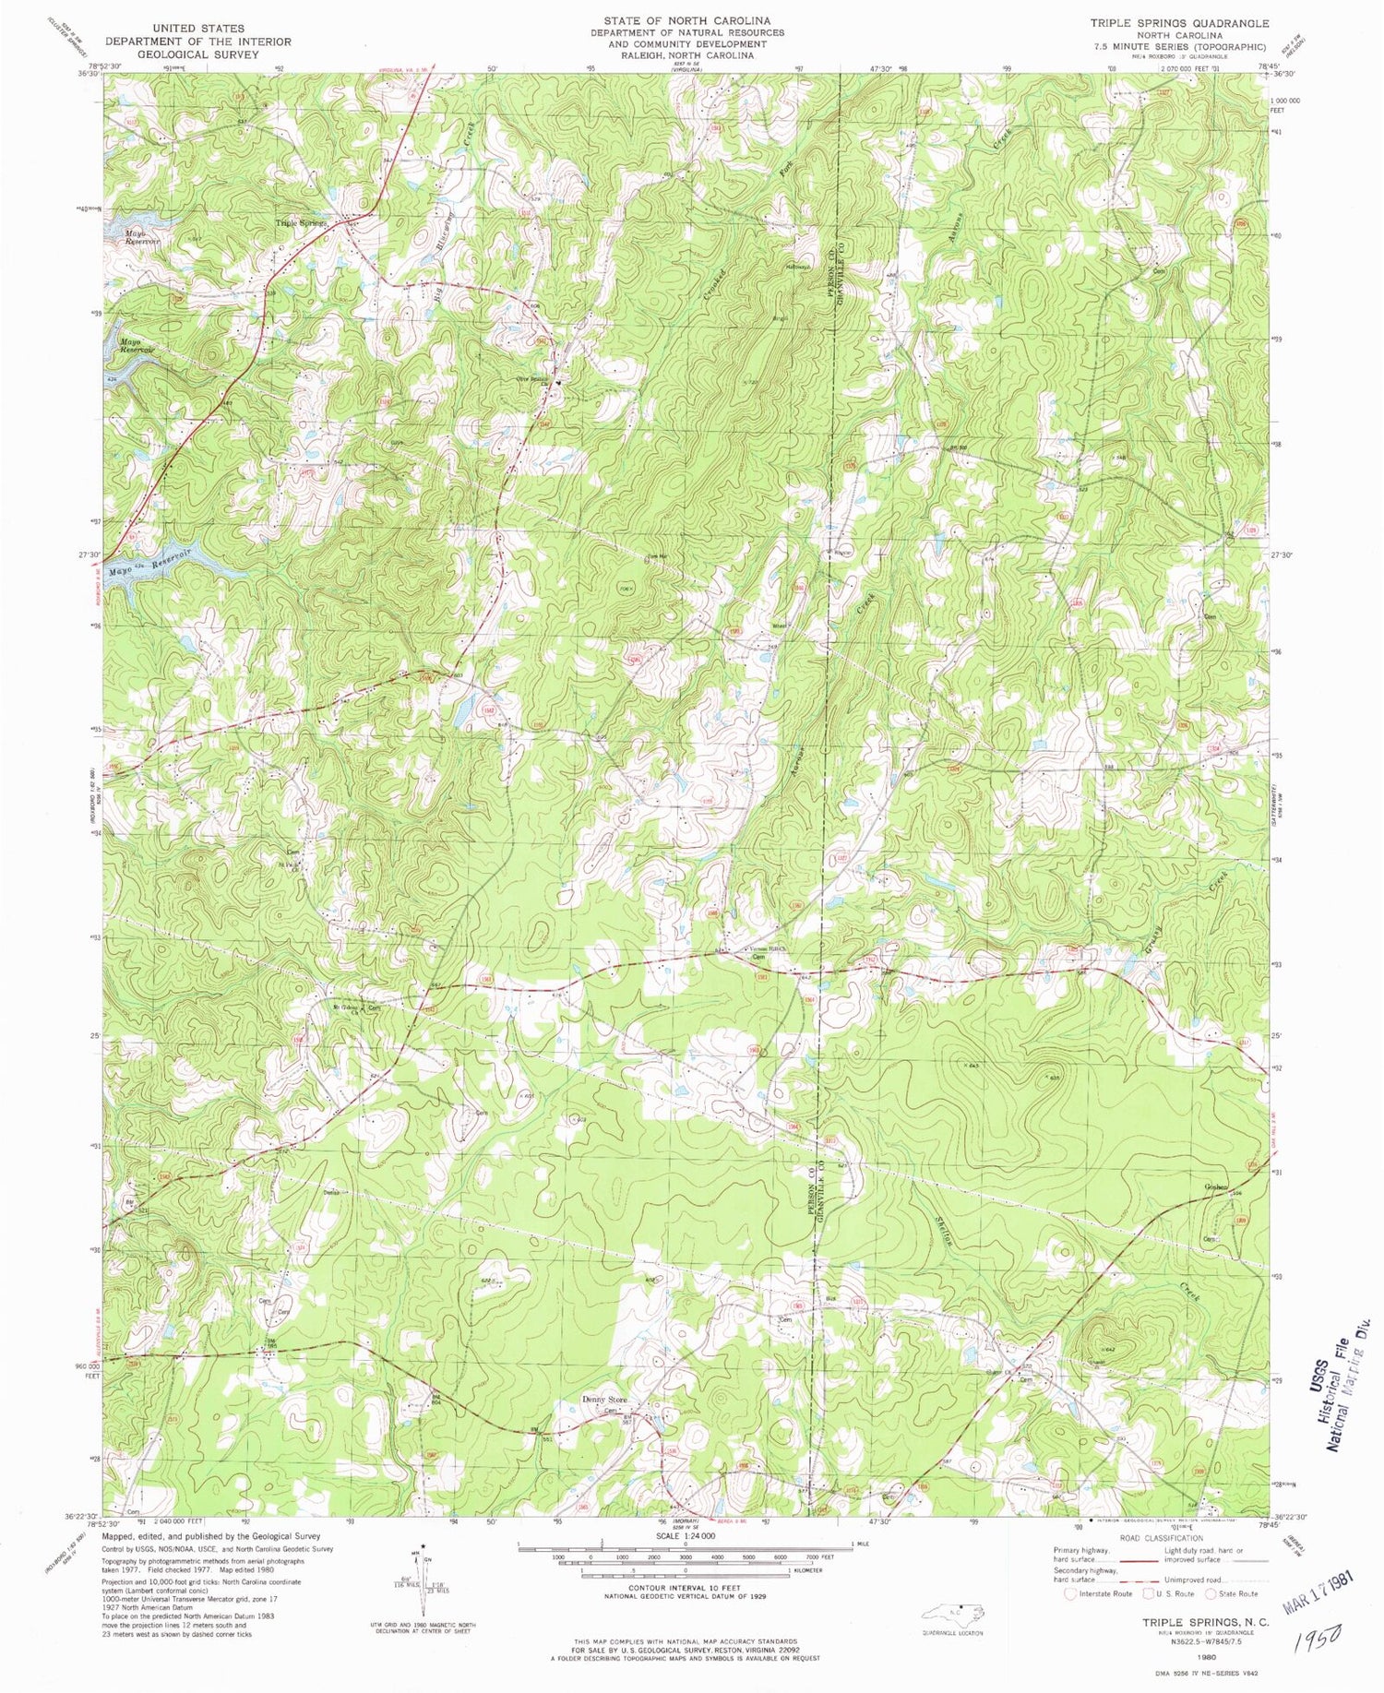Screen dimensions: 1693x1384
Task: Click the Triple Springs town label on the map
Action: pos(303,223)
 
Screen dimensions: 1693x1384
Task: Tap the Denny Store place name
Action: pos(605,1399)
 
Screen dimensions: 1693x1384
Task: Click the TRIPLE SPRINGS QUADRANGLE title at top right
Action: pos(1178,23)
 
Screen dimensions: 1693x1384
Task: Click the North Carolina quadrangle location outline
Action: pos(950,1612)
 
